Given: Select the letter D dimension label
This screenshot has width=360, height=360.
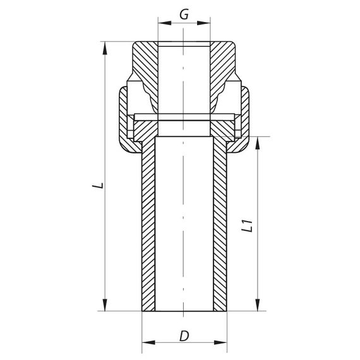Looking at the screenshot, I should (x=184, y=336).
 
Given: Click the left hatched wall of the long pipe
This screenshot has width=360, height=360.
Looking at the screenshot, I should (x=148, y=227).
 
